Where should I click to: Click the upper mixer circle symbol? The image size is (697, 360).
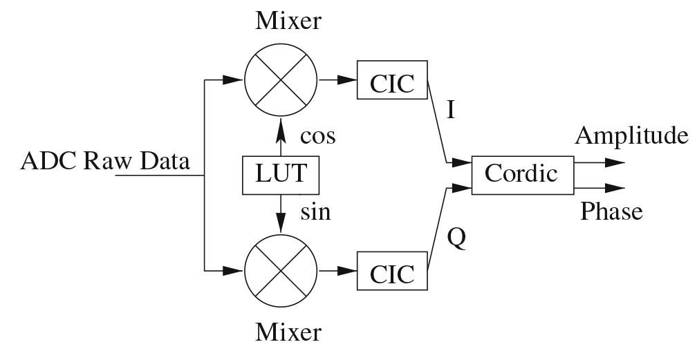click(281, 80)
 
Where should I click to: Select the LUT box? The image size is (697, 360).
click(281, 175)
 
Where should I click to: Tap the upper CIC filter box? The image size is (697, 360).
click(392, 81)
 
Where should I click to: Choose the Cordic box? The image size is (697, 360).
click(521, 173)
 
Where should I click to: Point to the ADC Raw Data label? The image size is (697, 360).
click(105, 162)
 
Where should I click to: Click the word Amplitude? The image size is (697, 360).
click(631, 135)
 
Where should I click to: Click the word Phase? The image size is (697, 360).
click(611, 211)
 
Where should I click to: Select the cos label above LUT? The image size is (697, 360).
click(317, 136)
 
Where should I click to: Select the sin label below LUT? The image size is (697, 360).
click(315, 211)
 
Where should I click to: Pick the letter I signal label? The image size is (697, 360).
click(451, 111)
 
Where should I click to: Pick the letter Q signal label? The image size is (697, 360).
click(456, 238)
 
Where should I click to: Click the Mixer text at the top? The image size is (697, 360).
click(288, 21)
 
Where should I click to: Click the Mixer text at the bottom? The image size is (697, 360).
click(288, 333)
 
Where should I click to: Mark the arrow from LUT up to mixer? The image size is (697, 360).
click(281, 136)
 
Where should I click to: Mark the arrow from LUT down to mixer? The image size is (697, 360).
click(281, 213)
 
